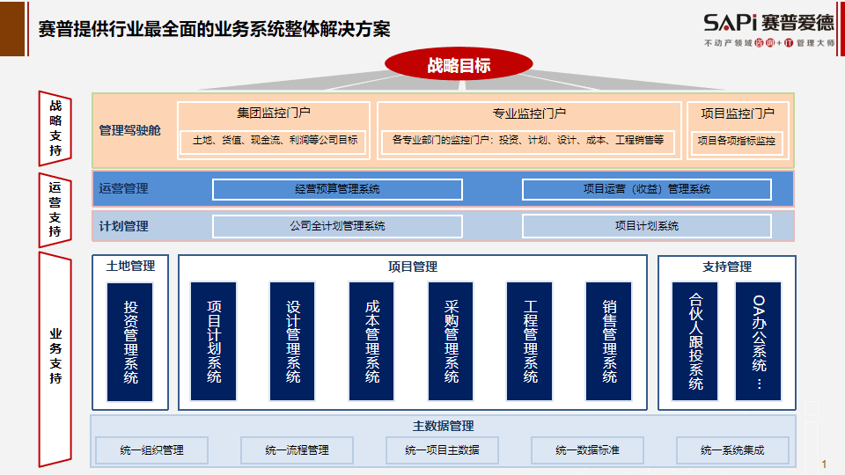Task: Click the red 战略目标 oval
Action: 459,64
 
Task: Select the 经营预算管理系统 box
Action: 337,189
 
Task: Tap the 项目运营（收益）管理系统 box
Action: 647,189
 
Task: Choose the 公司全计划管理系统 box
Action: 337,226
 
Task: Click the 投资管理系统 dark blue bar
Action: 130,342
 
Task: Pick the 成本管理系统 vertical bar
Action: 371,341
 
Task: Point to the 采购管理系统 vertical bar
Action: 451,341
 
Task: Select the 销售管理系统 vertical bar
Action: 609,341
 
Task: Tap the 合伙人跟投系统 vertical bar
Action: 695,341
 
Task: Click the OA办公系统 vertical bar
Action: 758,341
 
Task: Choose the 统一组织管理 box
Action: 152,450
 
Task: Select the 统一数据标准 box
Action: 587,450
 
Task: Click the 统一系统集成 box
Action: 732,450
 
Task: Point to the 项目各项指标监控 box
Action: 737,141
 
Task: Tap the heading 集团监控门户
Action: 274,113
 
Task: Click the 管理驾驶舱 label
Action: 130,130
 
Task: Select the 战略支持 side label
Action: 55,128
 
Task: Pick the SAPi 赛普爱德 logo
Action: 769,30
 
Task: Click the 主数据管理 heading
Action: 443,426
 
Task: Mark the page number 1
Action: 824,464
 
